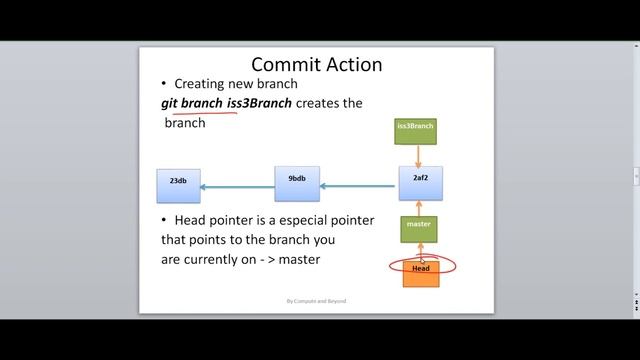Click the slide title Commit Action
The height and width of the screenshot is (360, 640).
click(x=316, y=65)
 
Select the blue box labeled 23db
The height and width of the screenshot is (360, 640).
click(x=178, y=185)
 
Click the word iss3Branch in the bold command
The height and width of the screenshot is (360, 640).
click(x=258, y=104)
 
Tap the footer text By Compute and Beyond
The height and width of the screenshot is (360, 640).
click(x=316, y=301)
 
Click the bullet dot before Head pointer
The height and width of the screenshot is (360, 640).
click(x=164, y=220)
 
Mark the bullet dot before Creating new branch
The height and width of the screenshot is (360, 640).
click(x=164, y=84)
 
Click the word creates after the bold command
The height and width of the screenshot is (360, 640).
click(x=324, y=104)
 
